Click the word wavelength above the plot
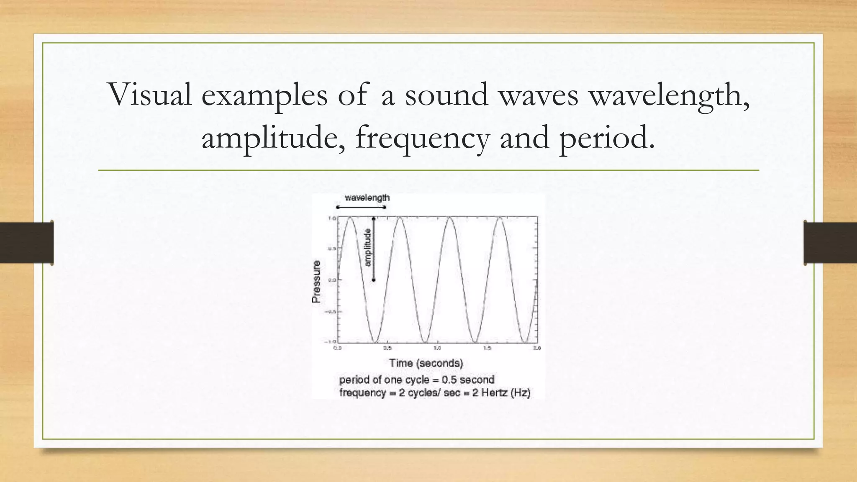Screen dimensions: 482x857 tap(367, 198)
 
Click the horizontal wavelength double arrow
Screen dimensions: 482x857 tap(361, 207)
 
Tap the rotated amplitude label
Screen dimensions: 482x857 tap(368, 247)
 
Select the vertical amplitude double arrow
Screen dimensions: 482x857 tap(374, 249)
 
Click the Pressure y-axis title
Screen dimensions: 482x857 tap(316, 282)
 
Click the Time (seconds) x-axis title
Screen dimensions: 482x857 tap(426, 363)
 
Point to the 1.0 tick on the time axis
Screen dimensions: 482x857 tap(437, 348)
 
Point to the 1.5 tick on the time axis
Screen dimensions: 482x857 tap(487, 348)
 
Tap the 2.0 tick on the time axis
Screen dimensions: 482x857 tap(537, 348)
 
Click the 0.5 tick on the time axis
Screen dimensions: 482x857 tap(387, 348)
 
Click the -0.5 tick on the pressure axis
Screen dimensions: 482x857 tap(330, 312)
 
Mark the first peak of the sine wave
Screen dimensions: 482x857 tap(350, 218)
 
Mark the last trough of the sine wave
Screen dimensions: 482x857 tap(525, 342)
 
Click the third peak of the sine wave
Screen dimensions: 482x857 tap(450, 218)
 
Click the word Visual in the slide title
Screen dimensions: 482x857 tap(150, 95)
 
